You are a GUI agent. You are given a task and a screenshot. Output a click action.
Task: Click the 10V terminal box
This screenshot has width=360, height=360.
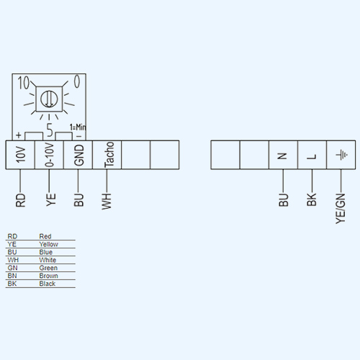(20, 155)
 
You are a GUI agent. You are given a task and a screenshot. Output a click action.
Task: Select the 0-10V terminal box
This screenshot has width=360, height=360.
(49, 155)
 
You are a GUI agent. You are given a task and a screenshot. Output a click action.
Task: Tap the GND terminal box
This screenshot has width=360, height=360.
(78, 155)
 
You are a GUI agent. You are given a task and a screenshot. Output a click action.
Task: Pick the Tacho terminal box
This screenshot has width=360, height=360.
(107, 155)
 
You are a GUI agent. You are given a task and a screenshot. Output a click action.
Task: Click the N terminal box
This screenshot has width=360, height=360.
(283, 155)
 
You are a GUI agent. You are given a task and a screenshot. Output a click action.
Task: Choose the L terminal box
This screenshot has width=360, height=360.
(312, 155)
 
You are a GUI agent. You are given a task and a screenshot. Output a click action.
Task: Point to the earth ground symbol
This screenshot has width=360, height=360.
(341, 155)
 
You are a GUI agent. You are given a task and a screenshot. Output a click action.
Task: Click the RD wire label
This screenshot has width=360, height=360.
(20, 200)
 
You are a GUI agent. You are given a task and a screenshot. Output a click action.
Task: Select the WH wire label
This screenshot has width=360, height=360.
(107, 201)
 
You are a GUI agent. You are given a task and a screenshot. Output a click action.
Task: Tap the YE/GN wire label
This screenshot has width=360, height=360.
(341, 209)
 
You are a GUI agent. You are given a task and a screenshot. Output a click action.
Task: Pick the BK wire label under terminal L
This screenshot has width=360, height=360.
(312, 199)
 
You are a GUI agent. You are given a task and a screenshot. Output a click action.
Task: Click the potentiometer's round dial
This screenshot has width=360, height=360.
(49, 99)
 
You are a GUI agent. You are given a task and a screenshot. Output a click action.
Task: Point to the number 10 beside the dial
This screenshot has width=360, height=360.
(23, 83)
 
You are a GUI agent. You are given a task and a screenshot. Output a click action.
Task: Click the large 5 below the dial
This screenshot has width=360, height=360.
(50, 130)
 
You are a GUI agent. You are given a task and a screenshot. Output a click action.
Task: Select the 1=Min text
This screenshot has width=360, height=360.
(78, 127)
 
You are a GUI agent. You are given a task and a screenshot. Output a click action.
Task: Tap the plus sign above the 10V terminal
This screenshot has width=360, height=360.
(19, 135)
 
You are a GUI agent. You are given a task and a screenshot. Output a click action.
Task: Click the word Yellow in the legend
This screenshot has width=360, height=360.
(48, 244)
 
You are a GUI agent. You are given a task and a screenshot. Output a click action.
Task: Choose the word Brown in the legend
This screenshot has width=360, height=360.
(48, 276)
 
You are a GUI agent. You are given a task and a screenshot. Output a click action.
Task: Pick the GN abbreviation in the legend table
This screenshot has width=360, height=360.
(12, 268)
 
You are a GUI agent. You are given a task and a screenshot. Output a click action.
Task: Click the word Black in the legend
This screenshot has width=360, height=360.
(48, 284)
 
